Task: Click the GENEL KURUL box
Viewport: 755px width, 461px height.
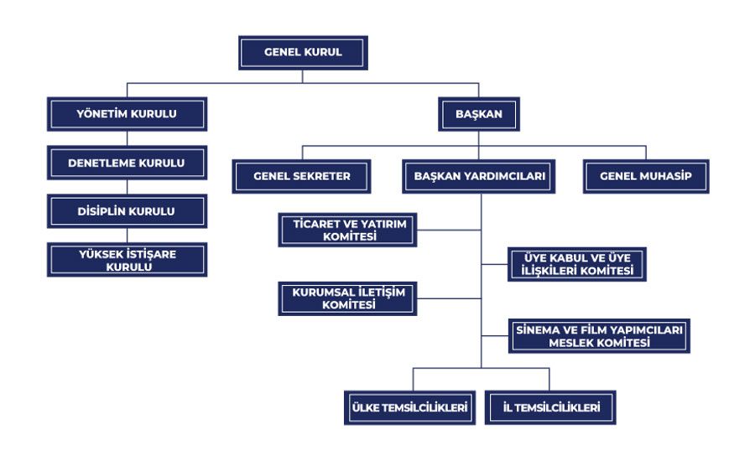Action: tap(303, 53)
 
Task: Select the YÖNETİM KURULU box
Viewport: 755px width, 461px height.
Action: tap(128, 114)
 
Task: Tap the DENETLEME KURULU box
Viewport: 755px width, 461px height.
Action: tap(128, 163)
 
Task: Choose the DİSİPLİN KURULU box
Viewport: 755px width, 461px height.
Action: tap(128, 211)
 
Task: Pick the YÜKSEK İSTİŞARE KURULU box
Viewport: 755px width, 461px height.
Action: tap(128, 260)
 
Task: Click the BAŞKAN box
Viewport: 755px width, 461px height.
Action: tap(479, 114)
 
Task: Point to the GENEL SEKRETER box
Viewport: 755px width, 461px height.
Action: tap(301, 177)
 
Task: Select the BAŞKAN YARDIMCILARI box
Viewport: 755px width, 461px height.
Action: tap(479, 177)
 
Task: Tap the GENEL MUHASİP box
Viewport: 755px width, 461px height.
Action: tap(646, 177)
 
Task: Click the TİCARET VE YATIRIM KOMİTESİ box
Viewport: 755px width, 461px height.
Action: tap(347, 230)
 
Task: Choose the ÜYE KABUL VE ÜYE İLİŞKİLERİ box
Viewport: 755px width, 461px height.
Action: tap(577, 264)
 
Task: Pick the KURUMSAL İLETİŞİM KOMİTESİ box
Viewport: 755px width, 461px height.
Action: tap(347, 299)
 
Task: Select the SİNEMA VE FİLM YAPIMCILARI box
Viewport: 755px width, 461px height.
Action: tap(599, 336)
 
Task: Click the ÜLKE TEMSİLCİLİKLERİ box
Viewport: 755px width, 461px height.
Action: tap(409, 407)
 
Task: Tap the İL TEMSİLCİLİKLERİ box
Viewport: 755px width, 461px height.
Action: tap(550, 407)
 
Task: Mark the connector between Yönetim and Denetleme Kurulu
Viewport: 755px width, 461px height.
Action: tap(128, 138)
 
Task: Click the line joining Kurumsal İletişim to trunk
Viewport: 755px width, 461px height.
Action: tap(449, 299)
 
